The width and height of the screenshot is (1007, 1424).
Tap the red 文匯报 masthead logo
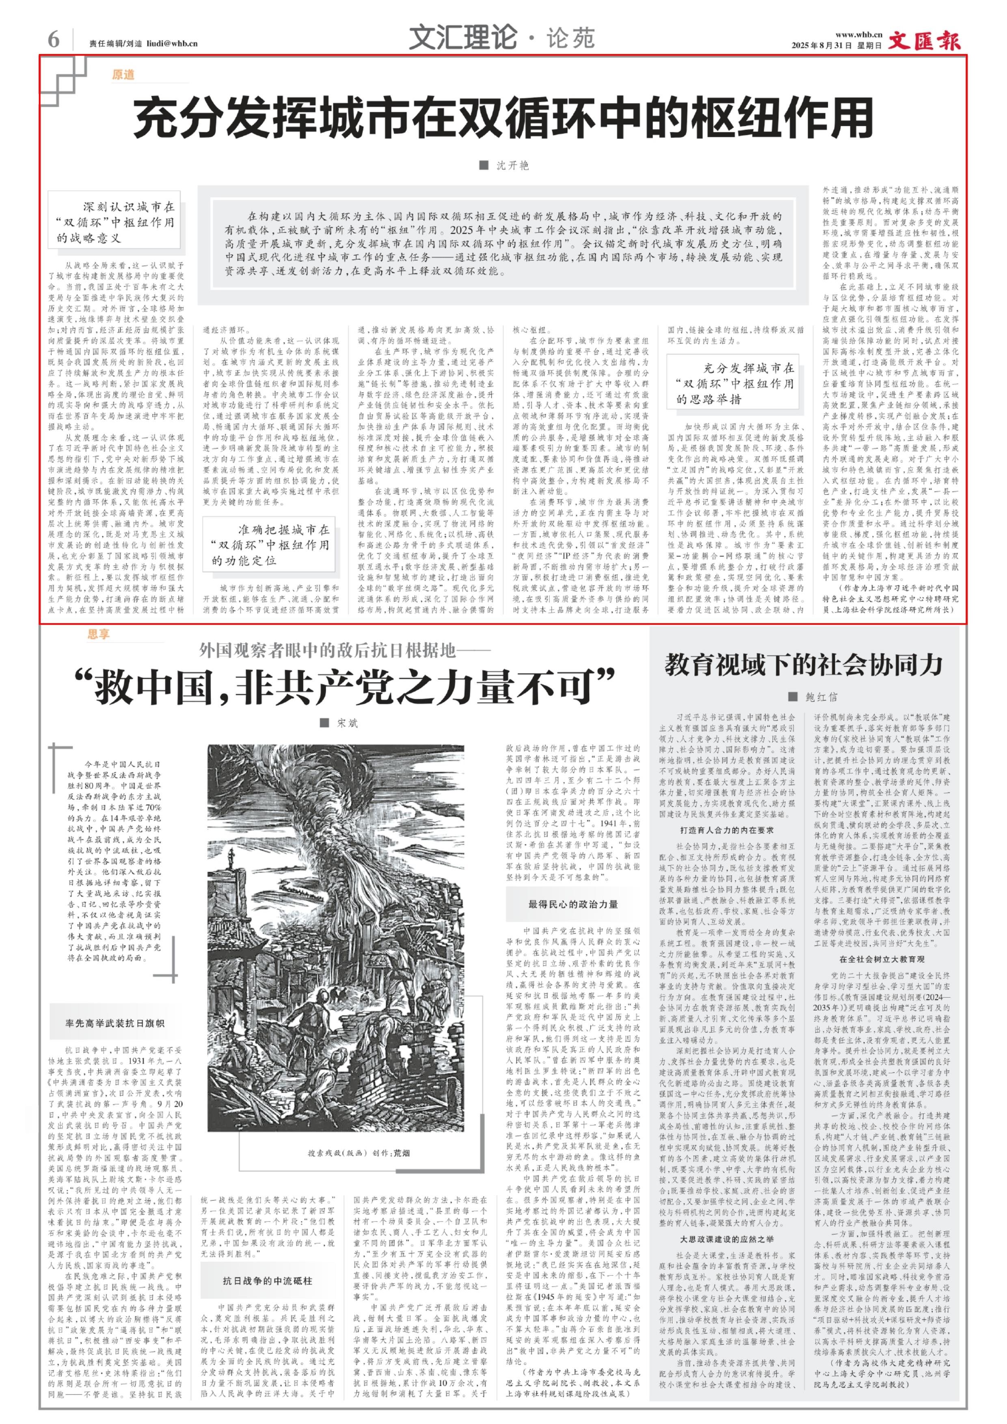925,41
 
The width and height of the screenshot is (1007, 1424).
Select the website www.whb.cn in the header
858,35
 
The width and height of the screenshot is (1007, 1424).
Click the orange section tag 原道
123,75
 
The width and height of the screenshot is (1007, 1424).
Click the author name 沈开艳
512,165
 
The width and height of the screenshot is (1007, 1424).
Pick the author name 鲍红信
821,697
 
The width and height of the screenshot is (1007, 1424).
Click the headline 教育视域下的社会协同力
804,664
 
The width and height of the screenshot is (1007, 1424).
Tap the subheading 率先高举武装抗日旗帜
115,1023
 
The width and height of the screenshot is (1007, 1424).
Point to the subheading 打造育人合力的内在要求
726,830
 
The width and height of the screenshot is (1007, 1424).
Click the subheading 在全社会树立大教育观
881,959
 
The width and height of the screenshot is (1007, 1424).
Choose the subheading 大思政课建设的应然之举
726,1239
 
